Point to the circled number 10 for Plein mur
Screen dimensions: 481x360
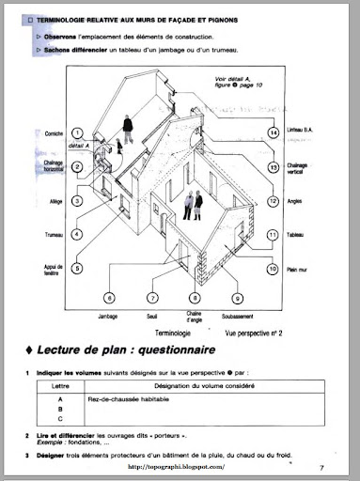coord(273,268)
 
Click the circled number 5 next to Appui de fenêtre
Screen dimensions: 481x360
coord(78,268)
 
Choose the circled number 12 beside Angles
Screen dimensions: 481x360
coord(273,201)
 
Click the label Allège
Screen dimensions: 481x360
coord(55,201)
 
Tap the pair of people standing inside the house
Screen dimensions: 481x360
coord(192,206)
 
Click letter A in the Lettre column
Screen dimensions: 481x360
coord(59,398)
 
